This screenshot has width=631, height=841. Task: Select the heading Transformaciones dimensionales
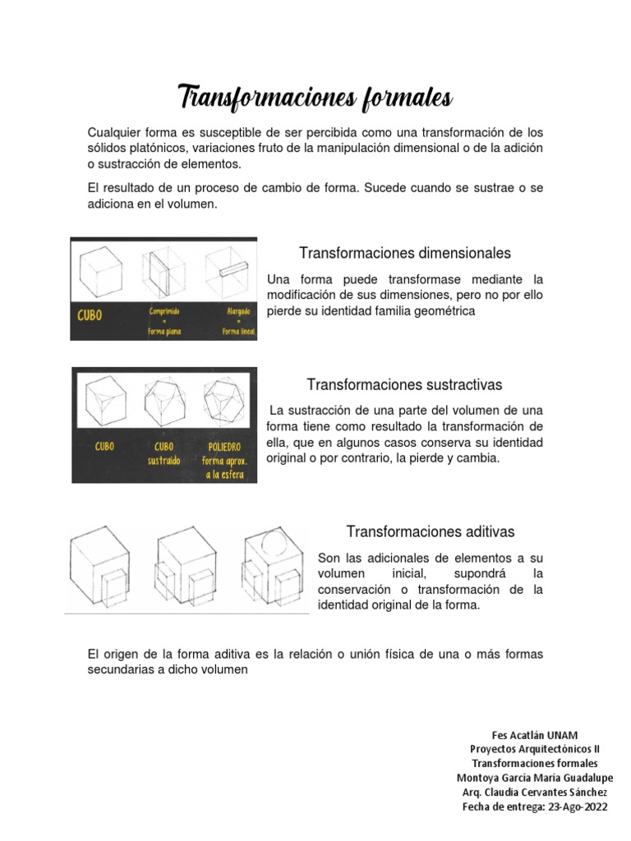click(x=405, y=253)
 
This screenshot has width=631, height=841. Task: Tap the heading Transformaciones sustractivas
click(x=404, y=384)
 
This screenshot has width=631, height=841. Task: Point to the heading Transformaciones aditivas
click(x=431, y=531)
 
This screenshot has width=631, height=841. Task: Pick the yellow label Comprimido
click(x=164, y=311)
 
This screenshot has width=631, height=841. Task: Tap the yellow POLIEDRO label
click(x=223, y=447)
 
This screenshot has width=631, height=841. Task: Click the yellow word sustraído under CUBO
click(x=164, y=460)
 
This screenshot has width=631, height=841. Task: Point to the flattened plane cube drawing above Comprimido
click(x=164, y=272)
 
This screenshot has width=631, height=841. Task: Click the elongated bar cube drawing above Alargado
click(x=228, y=269)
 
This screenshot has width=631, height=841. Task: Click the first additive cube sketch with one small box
click(x=100, y=567)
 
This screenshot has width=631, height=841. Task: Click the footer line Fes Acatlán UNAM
click(x=534, y=735)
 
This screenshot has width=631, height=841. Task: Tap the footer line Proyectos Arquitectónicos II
click(x=534, y=749)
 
